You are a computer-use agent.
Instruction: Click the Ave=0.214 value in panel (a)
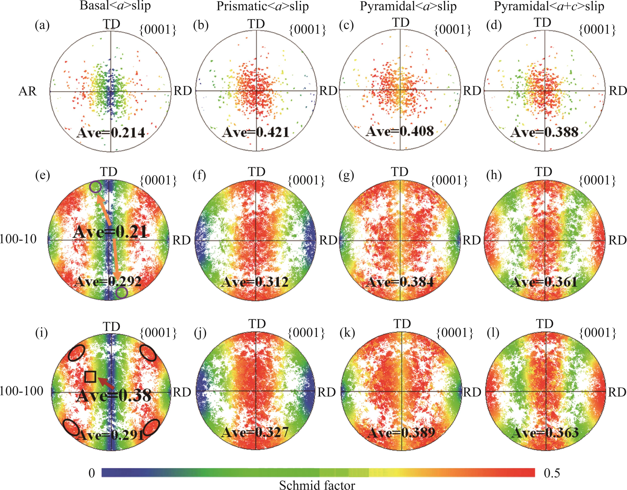tap(111, 133)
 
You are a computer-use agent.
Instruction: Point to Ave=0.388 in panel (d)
tap(544, 132)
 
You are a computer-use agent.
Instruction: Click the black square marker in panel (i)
tap(90, 377)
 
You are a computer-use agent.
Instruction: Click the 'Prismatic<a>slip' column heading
tap(262, 6)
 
